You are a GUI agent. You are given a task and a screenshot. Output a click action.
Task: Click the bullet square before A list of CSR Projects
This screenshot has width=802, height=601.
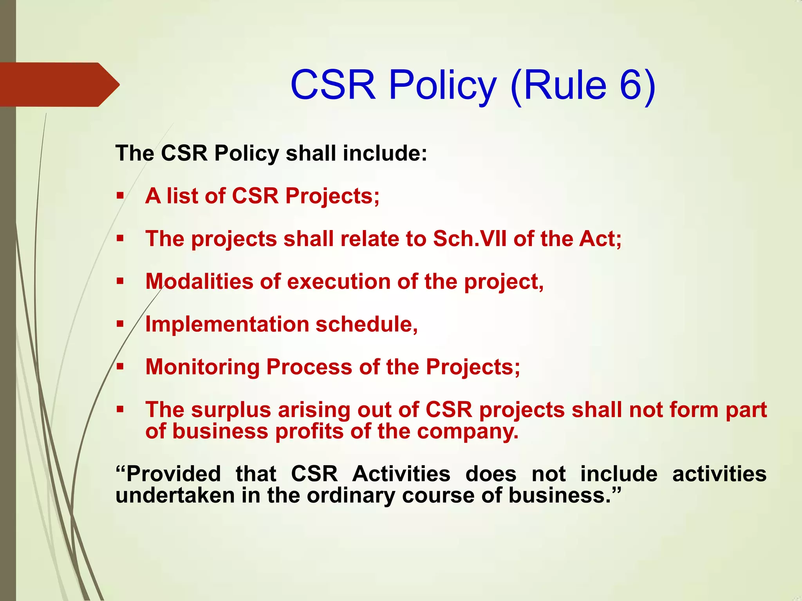pyautogui.click(x=120, y=195)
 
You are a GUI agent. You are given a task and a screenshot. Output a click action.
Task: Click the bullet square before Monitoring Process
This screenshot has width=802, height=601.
pyautogui.click(x=120, y=367)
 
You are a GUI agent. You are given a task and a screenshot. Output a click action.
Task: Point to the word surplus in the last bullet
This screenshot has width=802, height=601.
pyautogui.click(x=231, y=410)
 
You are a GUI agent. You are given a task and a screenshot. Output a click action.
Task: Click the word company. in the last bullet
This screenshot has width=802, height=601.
pyautogui.click(x=468, y=432)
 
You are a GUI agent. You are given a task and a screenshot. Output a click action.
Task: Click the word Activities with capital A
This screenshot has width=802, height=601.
pyautogui.click(x=401, y=474)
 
